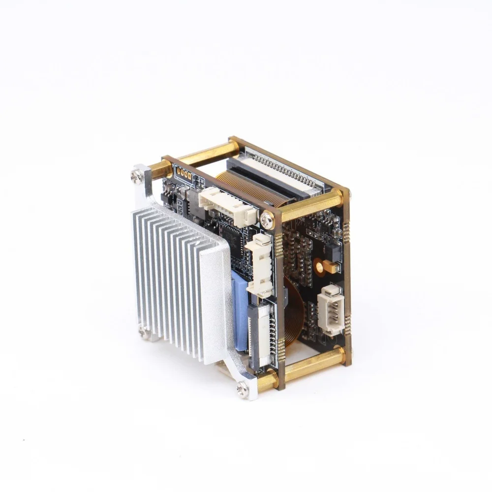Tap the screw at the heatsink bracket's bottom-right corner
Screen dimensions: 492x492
pyautogui.click(x=242, y=388)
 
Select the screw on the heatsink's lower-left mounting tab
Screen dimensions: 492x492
pyautogui.click(x=143, y=332)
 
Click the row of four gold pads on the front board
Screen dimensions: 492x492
pyautogui.click(x=183, y=173)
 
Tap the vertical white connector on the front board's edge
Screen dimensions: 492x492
pyautogui.click(x=263, y=266)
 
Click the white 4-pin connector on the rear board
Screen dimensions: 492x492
pyautogui.click(x=330, y=310)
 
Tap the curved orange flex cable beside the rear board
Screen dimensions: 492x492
pyautogui.click(x=294, y=310)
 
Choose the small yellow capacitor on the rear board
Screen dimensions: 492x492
pyautogui.click(x=332, y=268)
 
